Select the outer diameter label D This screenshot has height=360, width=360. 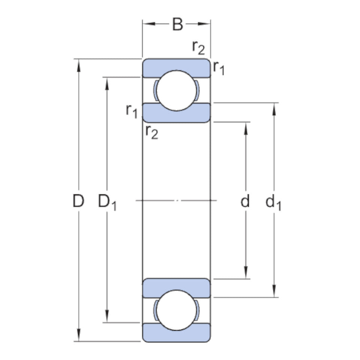pos(78,202)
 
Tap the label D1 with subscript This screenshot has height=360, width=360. pos(107,202)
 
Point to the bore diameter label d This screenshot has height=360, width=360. pos(245,202)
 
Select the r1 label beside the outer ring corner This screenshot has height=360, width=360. pos(219,67)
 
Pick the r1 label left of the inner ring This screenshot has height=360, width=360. pos(132,111)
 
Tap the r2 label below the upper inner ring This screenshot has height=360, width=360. pos(151,132)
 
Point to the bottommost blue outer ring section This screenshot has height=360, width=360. pos(176,333)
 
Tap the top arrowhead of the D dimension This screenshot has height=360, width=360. pos(79,64)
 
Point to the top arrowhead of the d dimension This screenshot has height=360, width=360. pos(246,127)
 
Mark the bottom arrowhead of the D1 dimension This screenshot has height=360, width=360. pos(107,316)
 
